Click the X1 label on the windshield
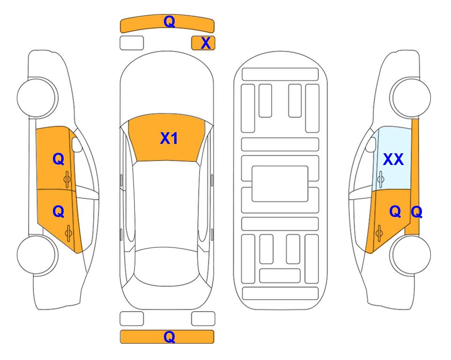point(169,138)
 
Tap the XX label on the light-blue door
point(393,159)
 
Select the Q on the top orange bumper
point(169,21)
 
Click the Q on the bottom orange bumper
point(169,337)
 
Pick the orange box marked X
point(203,43)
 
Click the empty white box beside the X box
point(132,43)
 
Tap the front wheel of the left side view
point(37,97)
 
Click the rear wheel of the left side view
point(37,255)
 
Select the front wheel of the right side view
point(410,97)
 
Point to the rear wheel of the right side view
point(410,255)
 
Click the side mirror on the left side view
point(77,144)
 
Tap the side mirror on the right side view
point(371,144)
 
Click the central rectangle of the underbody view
point(280,184)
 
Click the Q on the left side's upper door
point(59,159)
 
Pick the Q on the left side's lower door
point(59,212)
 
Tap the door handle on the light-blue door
point(380,179)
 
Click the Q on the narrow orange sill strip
point(416,212)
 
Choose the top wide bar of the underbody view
point(280,75)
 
